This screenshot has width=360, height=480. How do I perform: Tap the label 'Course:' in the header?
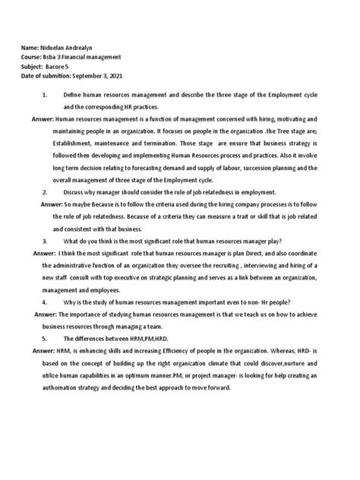(32, 56)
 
